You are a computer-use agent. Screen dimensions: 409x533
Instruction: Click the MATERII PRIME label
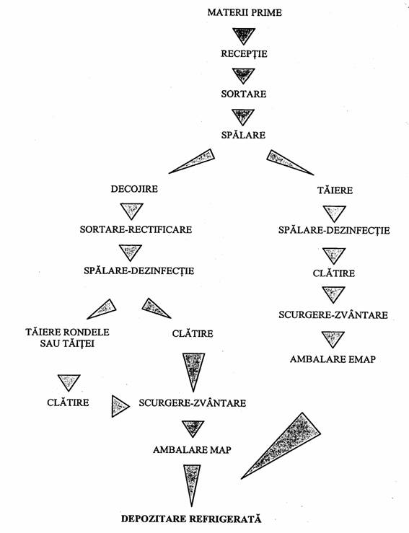(x=245, y=12)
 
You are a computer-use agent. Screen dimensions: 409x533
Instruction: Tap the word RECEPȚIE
(x=244, y=53)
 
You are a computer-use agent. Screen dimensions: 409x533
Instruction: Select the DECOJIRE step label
(x=134, y=189)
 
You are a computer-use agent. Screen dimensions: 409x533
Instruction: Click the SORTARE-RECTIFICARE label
(x=136, y=229)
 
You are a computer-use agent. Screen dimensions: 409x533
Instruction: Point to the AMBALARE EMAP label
(x=333, y=359)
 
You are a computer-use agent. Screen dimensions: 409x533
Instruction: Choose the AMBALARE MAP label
(x=192, y=450)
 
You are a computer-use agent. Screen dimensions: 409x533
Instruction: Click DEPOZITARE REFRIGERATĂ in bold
(x=191, y=519)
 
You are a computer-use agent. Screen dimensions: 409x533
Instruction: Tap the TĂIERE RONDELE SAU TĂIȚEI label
(x=67, y=338)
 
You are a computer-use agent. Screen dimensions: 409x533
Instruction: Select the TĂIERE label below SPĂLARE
(x=335, y=190)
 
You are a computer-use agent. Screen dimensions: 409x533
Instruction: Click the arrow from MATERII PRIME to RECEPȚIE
(x=243, y=35)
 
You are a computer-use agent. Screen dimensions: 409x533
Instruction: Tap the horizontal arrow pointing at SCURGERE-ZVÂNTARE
(x=120, y=406)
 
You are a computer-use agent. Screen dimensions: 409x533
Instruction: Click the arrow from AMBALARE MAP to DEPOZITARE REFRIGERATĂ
(x=192, y=484)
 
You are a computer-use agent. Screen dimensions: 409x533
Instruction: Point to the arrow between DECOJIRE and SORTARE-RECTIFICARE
(x=131, y=211)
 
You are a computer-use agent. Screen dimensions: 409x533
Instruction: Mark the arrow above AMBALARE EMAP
(x=333, y=339)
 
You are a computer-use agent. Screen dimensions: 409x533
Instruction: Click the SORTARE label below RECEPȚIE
(x=244, y=94)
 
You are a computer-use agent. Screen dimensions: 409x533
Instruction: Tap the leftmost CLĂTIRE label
(x=68, y=402)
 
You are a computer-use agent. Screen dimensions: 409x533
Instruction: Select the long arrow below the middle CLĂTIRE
(x=193, y=371)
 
